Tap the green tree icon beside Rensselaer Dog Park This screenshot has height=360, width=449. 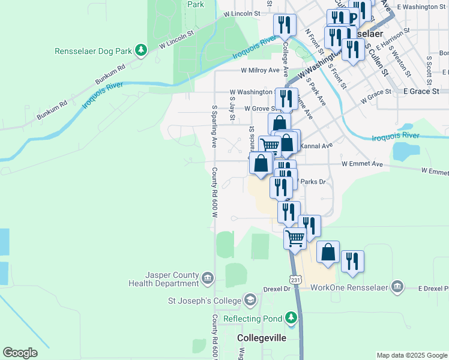[141, 50]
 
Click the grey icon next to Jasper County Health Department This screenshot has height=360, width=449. [208, 278]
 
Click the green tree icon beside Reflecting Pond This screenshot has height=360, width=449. [292, 317]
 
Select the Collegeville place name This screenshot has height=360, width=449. [262, 338]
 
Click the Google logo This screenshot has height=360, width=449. [20, 353]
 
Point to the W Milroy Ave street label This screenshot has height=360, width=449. [261, 70]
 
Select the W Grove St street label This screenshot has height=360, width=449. [258, 109]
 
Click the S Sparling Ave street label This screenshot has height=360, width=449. [214, 127]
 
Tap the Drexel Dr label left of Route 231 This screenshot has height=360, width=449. [279, 289]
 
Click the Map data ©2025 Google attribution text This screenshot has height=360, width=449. [412, 355]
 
